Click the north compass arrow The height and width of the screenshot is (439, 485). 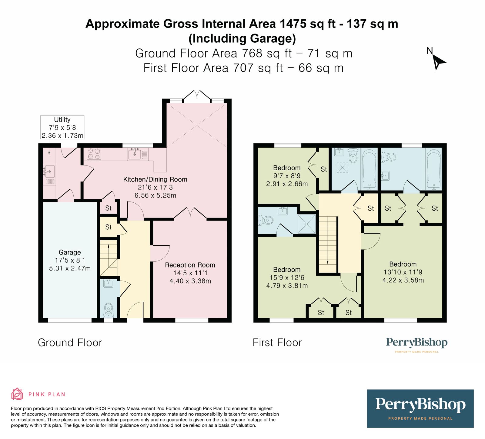[x=438, y=62]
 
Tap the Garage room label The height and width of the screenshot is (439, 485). [x=70, y=252]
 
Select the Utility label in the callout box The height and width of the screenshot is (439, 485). [x=62, y=120]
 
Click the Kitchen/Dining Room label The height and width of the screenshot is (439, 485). [x=155, y=179]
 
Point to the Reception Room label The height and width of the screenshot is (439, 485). [x=190, y=265]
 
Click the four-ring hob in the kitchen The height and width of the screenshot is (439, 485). [x=94, y=154]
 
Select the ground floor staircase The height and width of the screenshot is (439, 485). [x=109, y=258]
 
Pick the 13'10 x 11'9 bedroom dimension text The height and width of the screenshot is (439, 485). [x=403, y=272]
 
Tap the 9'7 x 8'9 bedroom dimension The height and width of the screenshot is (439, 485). [x=287, y=176]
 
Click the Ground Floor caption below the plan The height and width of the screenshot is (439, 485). [x=70, y=342]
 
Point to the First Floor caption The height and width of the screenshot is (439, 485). [x=277, y=342]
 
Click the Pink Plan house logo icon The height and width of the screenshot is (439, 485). [x=17, y=394]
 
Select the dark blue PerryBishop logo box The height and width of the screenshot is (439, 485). [x=420, y=408]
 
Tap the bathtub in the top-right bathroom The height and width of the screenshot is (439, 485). [x=434, y=169]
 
